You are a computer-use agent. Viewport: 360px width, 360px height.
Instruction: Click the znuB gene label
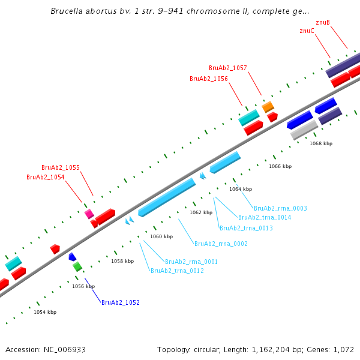(322, 22)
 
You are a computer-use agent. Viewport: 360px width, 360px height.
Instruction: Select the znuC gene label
(307, 31)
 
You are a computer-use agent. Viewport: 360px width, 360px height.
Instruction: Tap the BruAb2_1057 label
(228, 68)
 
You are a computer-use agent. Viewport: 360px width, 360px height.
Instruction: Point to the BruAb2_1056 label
(209, 79)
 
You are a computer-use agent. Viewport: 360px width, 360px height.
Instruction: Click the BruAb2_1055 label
(61, 167)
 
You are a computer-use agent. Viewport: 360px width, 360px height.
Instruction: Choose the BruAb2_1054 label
(46, 177)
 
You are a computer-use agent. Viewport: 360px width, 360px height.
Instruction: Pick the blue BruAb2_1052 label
(121, 302)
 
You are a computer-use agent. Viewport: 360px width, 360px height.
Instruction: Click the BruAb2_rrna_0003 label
(280, 208)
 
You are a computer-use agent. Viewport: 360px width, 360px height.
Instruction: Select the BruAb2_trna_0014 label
(265, 217)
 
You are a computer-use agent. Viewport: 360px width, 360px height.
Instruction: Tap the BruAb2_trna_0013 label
(246, 228)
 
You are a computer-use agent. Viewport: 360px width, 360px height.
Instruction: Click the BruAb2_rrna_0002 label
(221, 244)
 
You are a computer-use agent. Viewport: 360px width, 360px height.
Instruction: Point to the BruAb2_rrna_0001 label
(191, 262)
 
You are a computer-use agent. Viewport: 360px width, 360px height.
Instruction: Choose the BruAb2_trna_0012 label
(177, 271)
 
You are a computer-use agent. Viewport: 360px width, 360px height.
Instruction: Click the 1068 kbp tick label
(321, 143)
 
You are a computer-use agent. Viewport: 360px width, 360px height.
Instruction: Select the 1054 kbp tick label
(45, 312)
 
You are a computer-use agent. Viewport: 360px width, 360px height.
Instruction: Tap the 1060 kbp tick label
(161, 236)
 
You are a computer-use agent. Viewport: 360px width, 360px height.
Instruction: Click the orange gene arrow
(268, 107)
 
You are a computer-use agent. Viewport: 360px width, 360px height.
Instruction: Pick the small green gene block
(77, 266)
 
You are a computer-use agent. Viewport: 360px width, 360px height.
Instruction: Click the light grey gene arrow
(304, 130)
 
